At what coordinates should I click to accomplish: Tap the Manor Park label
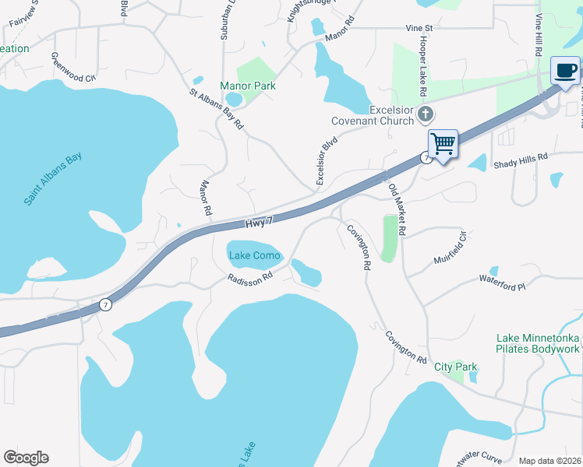(x=248, y=86)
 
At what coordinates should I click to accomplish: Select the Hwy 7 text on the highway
(x=260, y=223)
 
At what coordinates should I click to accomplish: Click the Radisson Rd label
(x=249, y=277)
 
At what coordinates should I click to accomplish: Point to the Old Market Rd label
(x=397, y=205)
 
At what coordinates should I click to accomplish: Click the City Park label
(x=455, y=367)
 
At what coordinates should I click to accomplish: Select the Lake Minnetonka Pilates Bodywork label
(x=538, y=344)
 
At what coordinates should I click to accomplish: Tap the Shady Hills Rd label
(x=521, y=156)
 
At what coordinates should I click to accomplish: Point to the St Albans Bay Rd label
(x=217, y=107)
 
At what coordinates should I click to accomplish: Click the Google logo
(x=26, y=458)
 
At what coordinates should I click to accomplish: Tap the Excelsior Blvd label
(x=326, y=162)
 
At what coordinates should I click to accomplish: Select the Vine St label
(x=419, y=27)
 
